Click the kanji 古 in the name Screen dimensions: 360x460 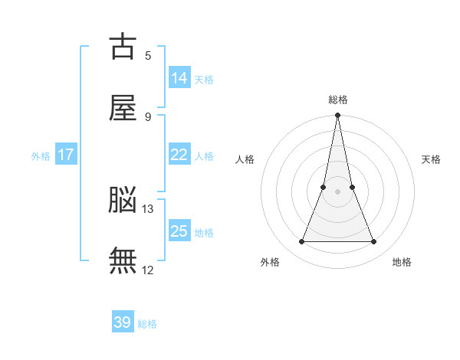point(123,47)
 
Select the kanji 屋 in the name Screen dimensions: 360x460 point(123,108)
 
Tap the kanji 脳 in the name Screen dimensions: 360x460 point(123,201)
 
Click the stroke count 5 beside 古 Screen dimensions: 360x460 point(148,55)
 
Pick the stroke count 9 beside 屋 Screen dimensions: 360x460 point(148,116)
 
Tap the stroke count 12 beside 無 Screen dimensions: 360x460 point(148,270)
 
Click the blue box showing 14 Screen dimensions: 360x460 point(179,78)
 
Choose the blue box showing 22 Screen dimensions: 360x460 point(179,155)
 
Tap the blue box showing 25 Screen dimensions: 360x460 point(179,231)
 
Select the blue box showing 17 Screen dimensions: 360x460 point(66,155)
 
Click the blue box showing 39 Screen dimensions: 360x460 point(123,322)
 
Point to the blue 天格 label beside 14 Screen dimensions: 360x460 point(204,80)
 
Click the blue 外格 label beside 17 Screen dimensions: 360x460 point(41,156)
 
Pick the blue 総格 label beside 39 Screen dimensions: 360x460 point(147,324)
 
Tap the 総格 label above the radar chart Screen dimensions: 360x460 point(338,100)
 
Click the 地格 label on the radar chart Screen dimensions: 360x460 point(402,263)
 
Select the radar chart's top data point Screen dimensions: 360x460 point(338,116)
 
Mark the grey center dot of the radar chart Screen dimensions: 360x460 point(338,191)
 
